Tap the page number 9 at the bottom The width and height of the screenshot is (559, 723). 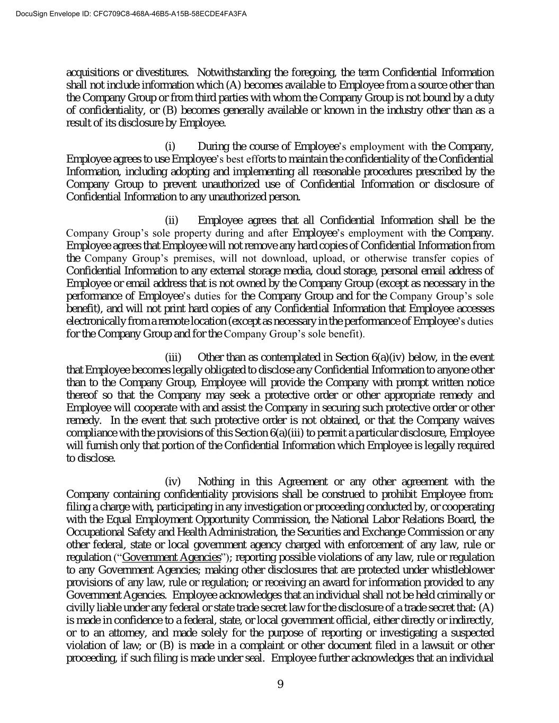280,684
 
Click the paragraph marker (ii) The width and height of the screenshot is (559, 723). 172,220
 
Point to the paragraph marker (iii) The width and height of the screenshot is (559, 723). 173,358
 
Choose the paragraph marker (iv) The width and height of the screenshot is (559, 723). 173,481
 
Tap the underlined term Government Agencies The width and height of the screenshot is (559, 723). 171,557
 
